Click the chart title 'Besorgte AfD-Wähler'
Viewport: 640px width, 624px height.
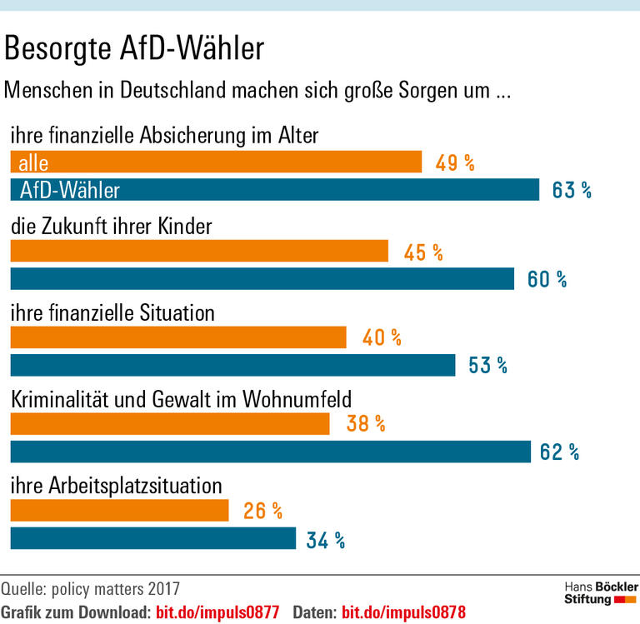pos(134,49)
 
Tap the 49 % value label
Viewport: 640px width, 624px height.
pos(454,162)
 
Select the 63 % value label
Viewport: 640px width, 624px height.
pos(572,191)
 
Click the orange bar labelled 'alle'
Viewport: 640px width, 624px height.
pos(216,162)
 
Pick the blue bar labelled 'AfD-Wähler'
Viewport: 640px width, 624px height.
pos(274,191)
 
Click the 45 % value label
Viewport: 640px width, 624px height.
pos(422,252)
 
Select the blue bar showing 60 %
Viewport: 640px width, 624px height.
pos(262,279)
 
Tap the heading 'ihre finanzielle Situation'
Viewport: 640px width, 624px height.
pos(112,312)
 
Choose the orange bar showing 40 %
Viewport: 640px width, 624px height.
pos(177,337)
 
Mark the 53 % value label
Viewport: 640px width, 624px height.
pos(487,365)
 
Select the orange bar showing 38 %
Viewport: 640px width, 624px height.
pos(170,424)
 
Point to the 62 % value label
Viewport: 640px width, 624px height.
pos(559,452)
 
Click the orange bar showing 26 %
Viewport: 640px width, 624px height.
pos(119,511)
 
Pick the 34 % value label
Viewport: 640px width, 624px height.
pos(325,540)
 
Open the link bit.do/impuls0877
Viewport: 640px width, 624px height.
pos(217,611)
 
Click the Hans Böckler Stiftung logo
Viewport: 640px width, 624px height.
pos(600,593)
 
